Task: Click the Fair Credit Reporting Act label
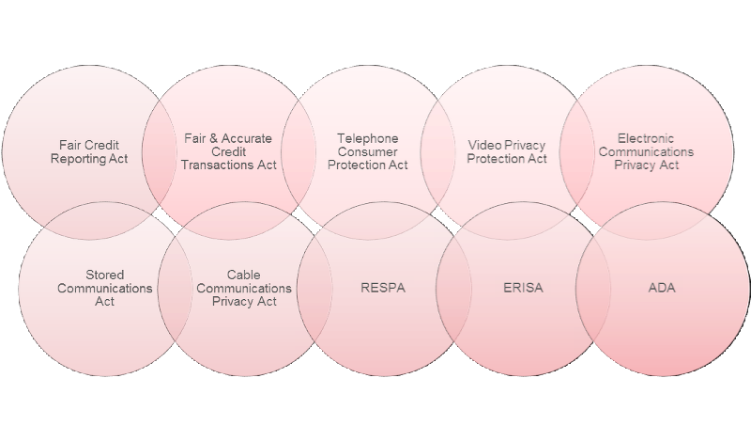point(89,152)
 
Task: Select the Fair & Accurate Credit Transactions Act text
point(228,151)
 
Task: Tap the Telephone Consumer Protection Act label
point(368,151)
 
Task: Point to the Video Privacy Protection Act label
point(507,152)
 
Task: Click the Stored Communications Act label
point(105,289)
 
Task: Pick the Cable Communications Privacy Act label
point(244,289)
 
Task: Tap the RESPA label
point(383,288)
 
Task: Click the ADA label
point(661,288)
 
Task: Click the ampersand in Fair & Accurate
point(209,138)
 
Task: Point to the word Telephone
point(368,138)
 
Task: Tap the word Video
point(483,146)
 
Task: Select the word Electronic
point(646,138)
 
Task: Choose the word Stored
point(105,276)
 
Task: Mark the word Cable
point(244,276)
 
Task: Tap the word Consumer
point(368,151)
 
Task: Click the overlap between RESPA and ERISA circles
point(452,288)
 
